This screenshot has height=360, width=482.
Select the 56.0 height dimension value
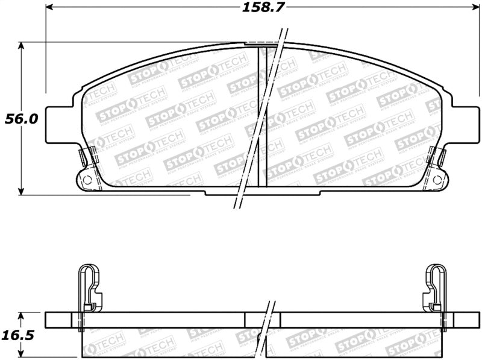click(x=22, y=119)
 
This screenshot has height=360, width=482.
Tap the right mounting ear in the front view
click(x=465, y=125)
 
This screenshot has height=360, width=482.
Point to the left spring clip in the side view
click(x=89, y=289)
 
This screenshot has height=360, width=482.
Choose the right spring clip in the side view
click(x=436, y=289)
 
